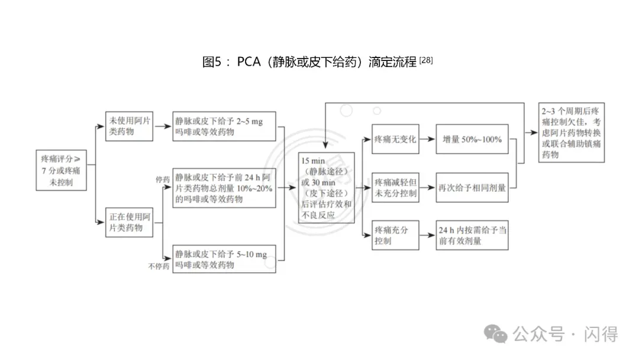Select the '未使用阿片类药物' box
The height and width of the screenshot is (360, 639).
pos(130,126)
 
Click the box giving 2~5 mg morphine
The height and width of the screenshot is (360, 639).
pos(224,126)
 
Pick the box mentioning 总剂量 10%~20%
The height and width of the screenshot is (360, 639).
pos(224,188)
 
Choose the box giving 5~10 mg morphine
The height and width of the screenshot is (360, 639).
pos(224,259)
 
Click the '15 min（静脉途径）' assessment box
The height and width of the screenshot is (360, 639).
pos(327,188)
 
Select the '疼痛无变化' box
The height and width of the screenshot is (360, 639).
pos(395,140)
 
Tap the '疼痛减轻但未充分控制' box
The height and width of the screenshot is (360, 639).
pos(395,187)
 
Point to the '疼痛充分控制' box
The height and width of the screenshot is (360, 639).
pos(395,235)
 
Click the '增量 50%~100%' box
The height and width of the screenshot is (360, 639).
pos(472,140)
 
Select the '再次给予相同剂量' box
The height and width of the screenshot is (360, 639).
pos(472,188)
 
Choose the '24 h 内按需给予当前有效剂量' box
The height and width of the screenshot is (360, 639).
pos(472,235)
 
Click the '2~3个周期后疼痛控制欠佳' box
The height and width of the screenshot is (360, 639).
pos(572,133)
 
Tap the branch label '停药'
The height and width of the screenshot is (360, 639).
pos(163,178)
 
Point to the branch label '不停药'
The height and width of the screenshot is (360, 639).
pos(159,266)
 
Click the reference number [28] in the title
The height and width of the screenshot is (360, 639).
pos(426,60)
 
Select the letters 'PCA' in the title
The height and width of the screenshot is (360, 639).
pos(248,62)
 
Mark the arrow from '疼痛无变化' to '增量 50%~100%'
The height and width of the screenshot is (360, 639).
pos(427,140)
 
